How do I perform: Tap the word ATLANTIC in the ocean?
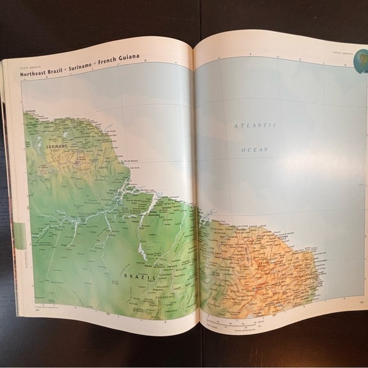click(x=256, y=126)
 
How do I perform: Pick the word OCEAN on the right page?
click(x=255, y=150)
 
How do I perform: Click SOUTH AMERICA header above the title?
click(x=30, y=66)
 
